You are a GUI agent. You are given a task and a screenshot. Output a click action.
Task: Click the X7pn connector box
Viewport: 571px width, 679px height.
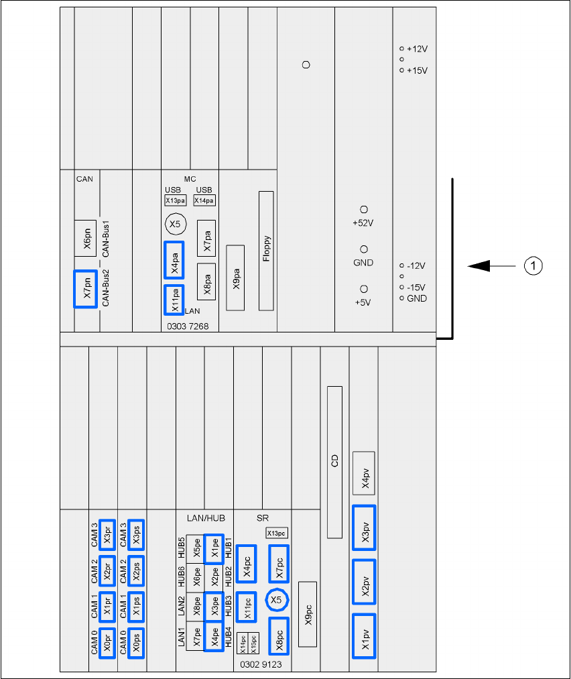[x=86, y=289]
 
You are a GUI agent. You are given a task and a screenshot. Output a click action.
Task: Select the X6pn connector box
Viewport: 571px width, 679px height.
[x=86, y=238]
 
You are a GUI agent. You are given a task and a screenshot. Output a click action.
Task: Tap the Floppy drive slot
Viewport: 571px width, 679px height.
[x=267, y=251]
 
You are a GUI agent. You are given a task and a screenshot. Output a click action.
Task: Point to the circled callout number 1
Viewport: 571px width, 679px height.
[x=532, y=266]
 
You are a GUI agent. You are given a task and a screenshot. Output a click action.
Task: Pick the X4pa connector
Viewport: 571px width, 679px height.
[x=174, y=260]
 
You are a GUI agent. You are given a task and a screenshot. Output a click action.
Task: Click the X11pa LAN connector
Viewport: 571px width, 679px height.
[x=174, y=300]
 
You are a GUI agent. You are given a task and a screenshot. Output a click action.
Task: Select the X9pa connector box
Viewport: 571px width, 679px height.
[x=235, y=277]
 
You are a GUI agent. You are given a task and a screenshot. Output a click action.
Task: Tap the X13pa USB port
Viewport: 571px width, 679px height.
[x=176, y=200]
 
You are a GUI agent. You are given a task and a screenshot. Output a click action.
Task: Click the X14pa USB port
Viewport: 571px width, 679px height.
[x=204, y=200]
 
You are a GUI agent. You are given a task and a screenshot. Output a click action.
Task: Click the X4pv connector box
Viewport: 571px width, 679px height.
[x=364, y=477]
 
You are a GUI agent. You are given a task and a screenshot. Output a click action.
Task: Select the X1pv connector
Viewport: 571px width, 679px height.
[x=364, y=635]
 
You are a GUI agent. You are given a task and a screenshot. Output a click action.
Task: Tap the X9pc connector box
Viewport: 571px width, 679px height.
[x=307, y=613]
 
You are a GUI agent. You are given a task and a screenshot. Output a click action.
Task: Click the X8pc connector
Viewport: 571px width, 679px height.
[x=278, y=635]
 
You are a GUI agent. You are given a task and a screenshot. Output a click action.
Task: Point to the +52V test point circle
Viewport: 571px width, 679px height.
[x=364, y=210]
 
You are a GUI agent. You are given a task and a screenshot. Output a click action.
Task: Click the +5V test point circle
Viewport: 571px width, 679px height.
[x=364, y=289]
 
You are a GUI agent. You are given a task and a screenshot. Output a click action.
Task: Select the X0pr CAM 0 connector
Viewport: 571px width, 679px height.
[x=107, y=643]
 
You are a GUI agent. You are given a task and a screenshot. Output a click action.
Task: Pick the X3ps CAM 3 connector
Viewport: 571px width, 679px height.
[x=135, y=534]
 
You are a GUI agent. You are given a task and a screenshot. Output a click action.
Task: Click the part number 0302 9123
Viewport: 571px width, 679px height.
[x=261, y=665]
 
